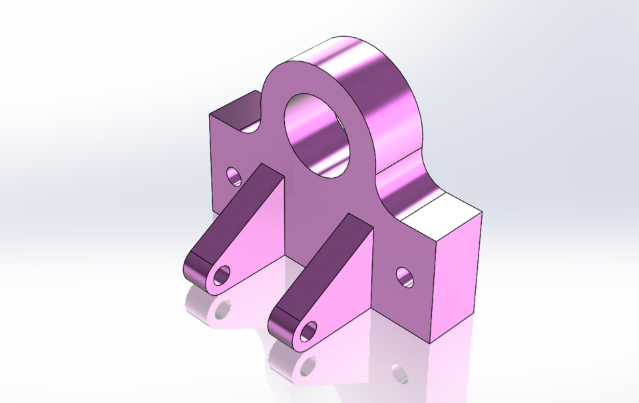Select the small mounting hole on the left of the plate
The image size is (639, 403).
(x=234, y=176)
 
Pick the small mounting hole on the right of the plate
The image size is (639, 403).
(x=404, y=276)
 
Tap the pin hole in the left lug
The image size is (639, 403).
(x=222, y=273)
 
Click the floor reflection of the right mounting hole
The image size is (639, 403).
(x=399, y=374)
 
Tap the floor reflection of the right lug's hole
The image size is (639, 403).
(x=308, y=365)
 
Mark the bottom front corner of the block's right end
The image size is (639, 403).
(x=430, y=343)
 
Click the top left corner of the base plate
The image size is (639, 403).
(x=210, y=115)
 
